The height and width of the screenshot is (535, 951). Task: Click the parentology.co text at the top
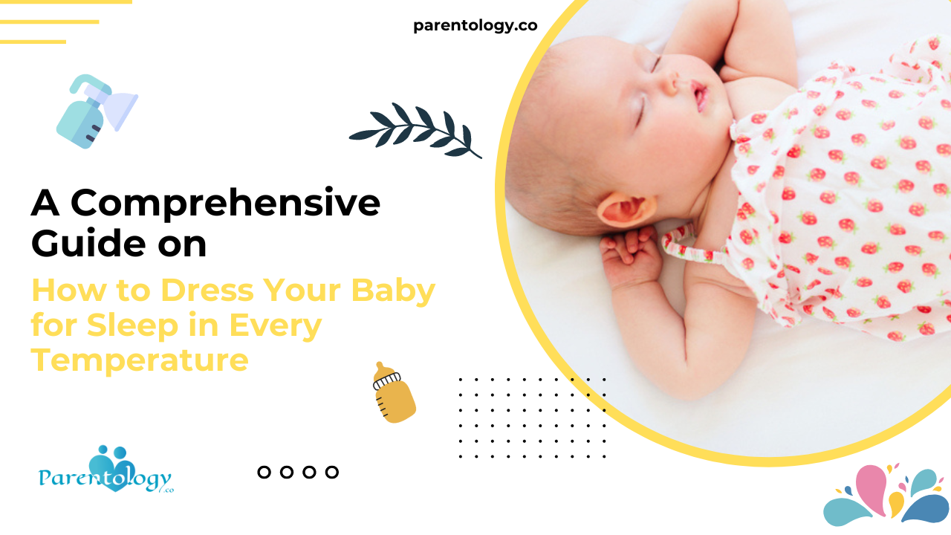(475, 26)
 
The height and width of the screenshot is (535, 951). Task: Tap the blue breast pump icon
(95, 111)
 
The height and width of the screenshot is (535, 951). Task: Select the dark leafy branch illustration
(416, 131)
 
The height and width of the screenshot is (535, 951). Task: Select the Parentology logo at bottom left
(106, 472)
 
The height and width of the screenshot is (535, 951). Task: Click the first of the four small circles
(264, 472)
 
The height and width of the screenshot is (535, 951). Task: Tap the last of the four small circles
(332, 472)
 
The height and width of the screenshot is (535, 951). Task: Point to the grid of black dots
(532, 417)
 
